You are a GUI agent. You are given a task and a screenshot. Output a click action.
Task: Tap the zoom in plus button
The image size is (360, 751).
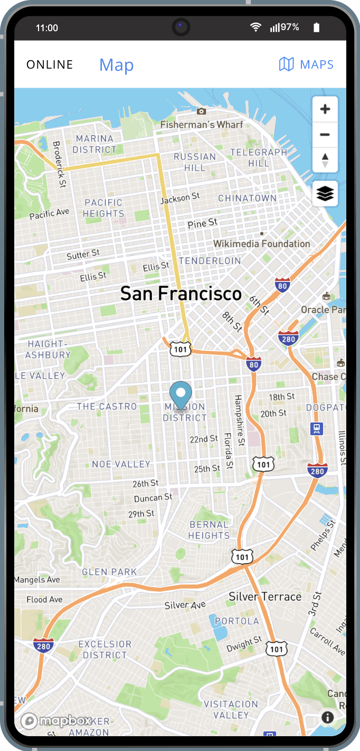325,109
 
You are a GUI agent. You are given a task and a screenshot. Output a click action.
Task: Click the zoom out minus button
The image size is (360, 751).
325,135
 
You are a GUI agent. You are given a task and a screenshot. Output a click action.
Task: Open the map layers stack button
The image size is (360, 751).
325,194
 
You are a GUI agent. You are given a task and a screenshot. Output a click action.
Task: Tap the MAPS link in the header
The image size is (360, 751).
307,64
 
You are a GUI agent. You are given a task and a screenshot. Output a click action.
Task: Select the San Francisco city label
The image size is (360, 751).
181,294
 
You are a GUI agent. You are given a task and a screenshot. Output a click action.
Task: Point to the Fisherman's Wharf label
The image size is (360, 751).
202,125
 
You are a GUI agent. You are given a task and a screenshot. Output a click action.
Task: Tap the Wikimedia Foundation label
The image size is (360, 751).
261,243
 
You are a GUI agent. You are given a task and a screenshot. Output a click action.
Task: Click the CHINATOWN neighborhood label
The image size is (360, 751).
248,198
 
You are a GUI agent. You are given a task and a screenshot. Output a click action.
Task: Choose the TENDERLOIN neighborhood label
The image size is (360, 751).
210,261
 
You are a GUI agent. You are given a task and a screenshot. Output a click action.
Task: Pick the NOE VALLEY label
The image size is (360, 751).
121,464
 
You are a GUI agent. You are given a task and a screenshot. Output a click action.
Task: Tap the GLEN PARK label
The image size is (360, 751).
109,572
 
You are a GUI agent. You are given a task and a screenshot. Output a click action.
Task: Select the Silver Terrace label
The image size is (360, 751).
265,597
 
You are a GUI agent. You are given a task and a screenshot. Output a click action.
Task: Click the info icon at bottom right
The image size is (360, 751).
327,717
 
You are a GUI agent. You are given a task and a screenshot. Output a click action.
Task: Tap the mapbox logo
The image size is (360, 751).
57,721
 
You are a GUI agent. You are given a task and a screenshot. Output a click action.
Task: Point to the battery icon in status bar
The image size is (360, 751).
316,27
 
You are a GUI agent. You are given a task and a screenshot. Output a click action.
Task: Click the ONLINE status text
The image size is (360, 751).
50,64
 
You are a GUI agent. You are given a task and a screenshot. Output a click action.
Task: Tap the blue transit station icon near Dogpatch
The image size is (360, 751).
316,428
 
